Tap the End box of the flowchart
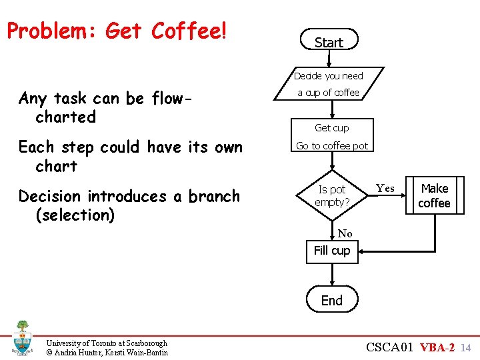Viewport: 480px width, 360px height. pyautogui.click(x=331, y=301)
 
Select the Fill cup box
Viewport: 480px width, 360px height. pyautogui.click(x=331, y=251)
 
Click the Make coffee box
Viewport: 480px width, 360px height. pyautogui.click(x=434, y=196)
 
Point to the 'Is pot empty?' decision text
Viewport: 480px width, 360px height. pyautogui.click(x=332, y=196)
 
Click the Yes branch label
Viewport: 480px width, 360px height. pyautogui.click(x=385, y=189)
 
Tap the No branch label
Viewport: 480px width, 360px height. pyautogui.click(x=345, y=233)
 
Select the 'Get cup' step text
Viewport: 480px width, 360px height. pyautogui.click(x=331, y=127)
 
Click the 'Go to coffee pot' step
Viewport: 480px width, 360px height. pyautogui.click(x=331, y=146)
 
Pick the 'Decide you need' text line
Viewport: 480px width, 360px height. pyautogui.click(x=329, y=76)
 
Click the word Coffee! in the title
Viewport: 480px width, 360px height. pyautogui.click(x=189, y=31)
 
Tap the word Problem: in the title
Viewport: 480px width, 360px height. pyautogui.click(x=52, y=31)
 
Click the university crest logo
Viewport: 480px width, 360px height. pyautogui.click(x=22, y=338)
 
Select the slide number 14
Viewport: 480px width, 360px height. pyautogui.click(x=466, y=347)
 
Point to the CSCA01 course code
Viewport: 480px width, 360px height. pyautogui.click(x=390, y=347)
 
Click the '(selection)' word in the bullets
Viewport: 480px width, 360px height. pyautogui.click(x=75, y=215)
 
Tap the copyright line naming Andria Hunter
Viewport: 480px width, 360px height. pyautogui.click(x=107, y=352)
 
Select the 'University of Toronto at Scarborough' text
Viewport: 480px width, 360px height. pyautogui.click(x=107, y=343)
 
